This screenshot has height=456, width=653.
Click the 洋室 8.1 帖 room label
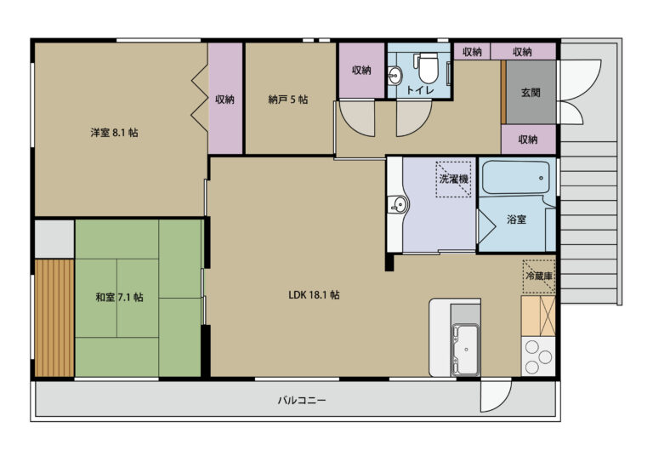pos(115,133)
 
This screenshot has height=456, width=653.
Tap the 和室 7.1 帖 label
pos(120,297)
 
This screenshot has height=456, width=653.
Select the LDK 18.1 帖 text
pos(314,295)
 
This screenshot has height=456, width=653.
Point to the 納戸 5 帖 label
pos(288,100)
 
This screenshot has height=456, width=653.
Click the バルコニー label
pos(302,401)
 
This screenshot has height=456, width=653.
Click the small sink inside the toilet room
pos(394,76)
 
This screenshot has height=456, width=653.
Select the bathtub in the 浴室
pos(515,177)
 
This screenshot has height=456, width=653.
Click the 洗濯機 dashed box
pos(453,180)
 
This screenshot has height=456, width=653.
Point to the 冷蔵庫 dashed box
pos(539,276)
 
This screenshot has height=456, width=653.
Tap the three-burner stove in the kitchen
pos(538,356)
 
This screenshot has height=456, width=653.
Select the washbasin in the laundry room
pos(398,205)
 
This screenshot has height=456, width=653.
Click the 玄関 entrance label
pos(531,92)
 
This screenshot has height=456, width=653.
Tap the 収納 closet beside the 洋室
pos(225,99)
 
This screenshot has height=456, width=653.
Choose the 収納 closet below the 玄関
pos(529,140)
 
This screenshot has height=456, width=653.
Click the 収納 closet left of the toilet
pos(361,71)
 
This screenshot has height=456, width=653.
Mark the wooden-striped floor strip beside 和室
pos(54,317)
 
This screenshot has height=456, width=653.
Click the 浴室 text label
pos(516,219)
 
